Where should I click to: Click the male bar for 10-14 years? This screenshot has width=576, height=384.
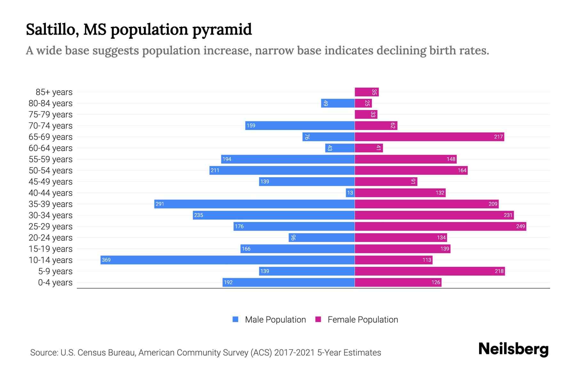pyautogui.click(x=227, y=260)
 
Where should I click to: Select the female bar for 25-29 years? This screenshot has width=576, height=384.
pyautogui.click(x=440, y=226)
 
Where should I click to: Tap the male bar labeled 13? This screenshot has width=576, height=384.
pyautogui.click(x=350, y=193)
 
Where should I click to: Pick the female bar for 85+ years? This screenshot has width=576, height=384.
pyautogui.click(x=366, y=92)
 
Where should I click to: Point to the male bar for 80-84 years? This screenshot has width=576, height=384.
pyautogui.click(x=338, y=103)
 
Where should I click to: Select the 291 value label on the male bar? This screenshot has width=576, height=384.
pyautogui.click(x=160, y=204)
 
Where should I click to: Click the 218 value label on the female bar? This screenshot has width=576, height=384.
pyautogui.click(x=499, y=271)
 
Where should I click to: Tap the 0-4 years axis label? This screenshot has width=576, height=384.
pyautogui.click(x=55, y=283)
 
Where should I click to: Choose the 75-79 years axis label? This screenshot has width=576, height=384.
pyautogui.click(x=51, y=115)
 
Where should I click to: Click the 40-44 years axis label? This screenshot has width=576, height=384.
pyautogui.click(x=51, y=193)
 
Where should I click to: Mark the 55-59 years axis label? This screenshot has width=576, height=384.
pyautogui.click(x=51, y=159)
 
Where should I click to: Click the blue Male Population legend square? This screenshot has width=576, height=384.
pyautogui.click(x=236, y=319)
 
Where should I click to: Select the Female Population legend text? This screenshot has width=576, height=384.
pyautogui.click(x=363, y=320)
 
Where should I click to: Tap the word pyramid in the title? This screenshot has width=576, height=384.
pyautogui.click(x=222, y=30)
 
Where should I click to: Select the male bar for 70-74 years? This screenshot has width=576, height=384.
pyautogui.click(x=300, y=125)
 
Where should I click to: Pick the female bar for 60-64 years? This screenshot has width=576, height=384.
pyautogui.click(x=368, y=148)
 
